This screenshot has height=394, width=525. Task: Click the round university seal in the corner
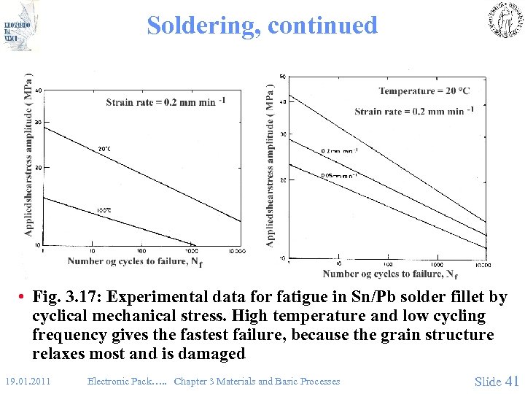tap(502, 20)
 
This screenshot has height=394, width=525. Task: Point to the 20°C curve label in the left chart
tap(104, 150)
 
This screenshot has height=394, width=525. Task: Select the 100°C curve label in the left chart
tap(104, 212)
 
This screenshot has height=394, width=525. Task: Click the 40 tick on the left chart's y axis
tap(39, 90)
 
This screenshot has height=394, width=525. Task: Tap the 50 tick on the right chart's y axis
tap(282, 77)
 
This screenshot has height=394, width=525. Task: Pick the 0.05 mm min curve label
tap(339, 176)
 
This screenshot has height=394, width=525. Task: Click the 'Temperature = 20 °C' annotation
tap(424, 91)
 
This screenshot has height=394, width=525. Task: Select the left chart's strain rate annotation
tap(165, 102)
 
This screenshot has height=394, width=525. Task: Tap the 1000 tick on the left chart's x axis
tap(191, 251)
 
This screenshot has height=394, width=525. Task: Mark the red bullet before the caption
tap(23, 298)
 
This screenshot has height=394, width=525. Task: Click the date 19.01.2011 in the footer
tap(27, 382)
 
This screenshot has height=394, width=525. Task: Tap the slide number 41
tap(511, 381)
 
